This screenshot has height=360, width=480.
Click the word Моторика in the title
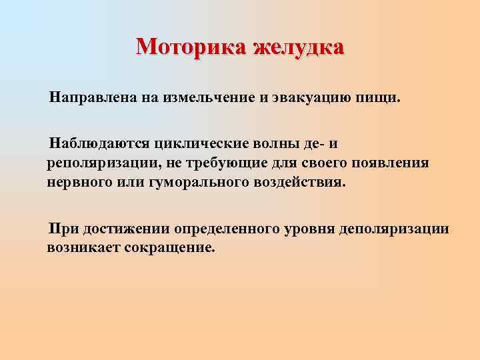(x=191, y=47)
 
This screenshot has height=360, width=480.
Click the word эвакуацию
(x=307, y=98)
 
